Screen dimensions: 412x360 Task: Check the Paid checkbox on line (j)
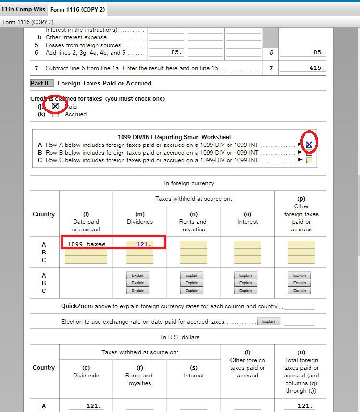click(x=55, y=106)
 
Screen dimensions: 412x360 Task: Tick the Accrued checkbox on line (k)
click(x=55, y=114)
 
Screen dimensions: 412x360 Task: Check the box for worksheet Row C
click(x=309, y=160)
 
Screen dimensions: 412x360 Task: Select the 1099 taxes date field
click(x=87, y=244)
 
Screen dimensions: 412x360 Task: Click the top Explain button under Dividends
click(x=138, y=276)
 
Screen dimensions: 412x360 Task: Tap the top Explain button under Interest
click(x=246, y=276)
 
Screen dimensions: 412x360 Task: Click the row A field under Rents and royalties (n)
click(x=194, y=244)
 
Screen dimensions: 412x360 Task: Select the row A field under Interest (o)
click(x=248, y=244)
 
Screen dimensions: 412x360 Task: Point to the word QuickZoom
click(x=77, y=306)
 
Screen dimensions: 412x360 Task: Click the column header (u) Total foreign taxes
click(x=301, y=371)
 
